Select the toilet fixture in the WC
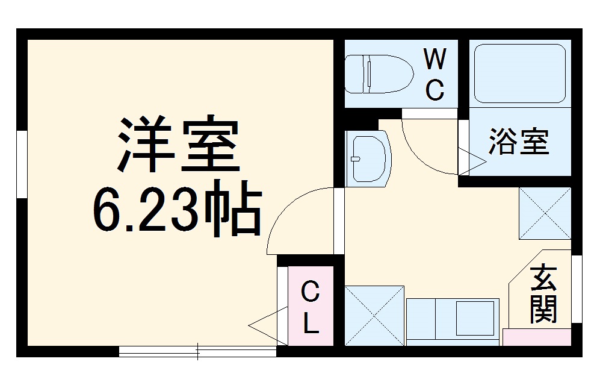tap(379, 74)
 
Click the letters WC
tap(435, 75)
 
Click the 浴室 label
tap(518, 142)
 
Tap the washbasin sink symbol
tap(368, 158)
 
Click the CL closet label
tap(309, 308)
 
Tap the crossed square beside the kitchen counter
tap(374, 315)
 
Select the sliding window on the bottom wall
tap(197, 351)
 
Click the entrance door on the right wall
tap(577, 289)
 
